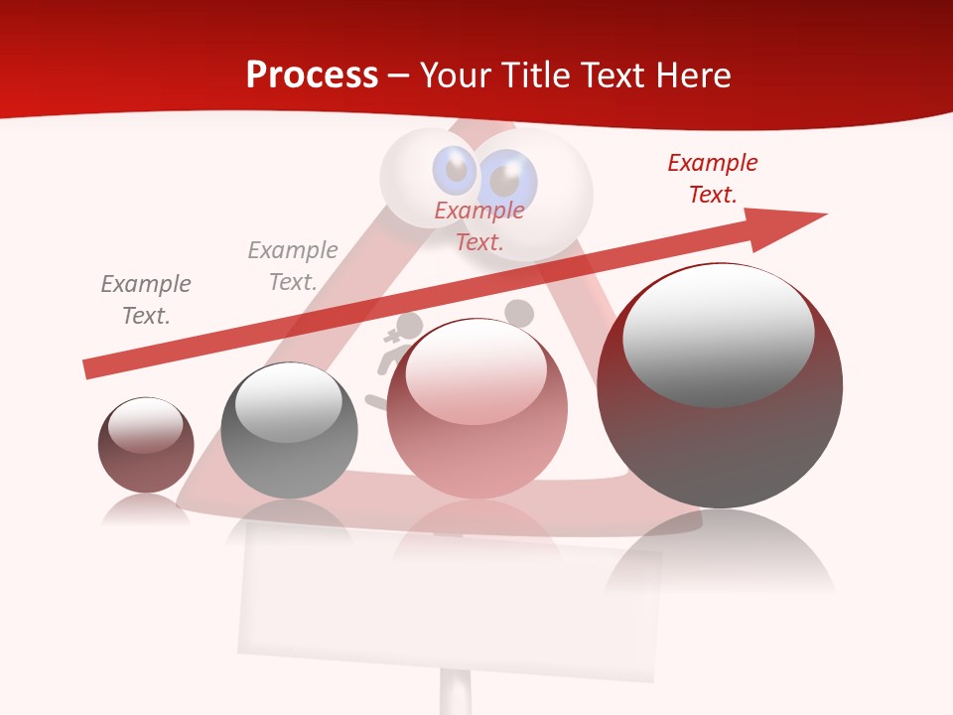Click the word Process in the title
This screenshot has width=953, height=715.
[312, 75]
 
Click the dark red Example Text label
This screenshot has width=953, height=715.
[712, 179]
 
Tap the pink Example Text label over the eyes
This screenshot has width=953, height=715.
[479, 225]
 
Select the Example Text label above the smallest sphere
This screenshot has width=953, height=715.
[146, 300]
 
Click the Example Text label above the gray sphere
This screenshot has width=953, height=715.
[293, 266]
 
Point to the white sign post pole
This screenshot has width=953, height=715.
[456, 693]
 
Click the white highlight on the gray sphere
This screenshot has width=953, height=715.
[288, 402]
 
